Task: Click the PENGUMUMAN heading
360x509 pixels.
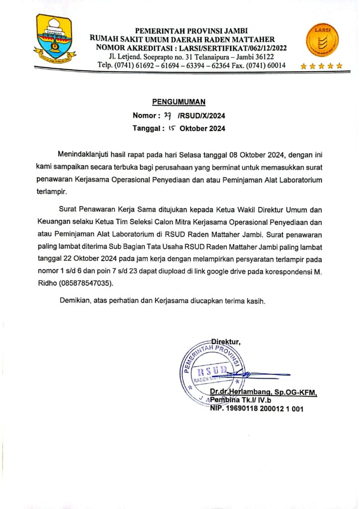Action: coord(179,102)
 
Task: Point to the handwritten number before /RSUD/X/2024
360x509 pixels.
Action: coord(168,116)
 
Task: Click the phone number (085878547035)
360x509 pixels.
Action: coord(87,284)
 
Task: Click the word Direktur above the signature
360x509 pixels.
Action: coord(226,341)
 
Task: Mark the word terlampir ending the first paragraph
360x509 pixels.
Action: coord(52,190)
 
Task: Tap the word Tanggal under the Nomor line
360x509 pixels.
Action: coord(146,129)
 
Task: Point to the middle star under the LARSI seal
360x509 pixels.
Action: coord(321,66)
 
